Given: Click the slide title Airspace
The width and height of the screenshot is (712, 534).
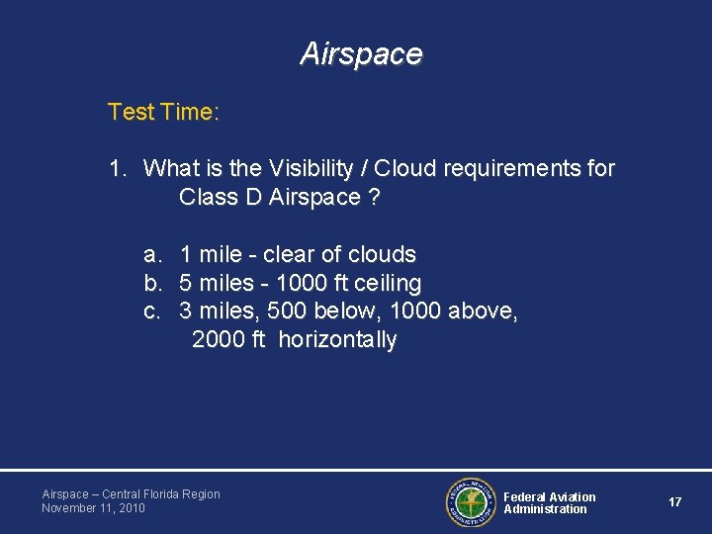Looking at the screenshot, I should (361, 53).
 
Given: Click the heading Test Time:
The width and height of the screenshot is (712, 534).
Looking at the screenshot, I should (163, 113).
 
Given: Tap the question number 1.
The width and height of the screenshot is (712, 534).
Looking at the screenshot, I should (117, 169).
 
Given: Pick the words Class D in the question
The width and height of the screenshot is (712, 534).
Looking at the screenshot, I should (221, 197).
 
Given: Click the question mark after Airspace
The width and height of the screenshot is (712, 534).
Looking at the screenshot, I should (373, 197).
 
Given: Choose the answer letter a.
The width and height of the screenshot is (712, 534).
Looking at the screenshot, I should (151, 255).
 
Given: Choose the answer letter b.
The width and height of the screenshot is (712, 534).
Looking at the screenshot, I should (151, 284).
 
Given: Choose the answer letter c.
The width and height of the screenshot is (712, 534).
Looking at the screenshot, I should (151, 311).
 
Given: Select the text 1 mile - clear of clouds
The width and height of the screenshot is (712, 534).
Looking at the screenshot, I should (297, 255).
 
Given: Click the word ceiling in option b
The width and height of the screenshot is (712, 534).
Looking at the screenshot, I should (387, 284).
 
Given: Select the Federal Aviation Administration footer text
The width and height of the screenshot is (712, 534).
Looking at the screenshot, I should (550, 502).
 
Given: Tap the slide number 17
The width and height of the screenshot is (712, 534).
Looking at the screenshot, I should (674, 502).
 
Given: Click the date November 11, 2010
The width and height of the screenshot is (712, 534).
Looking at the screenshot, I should (93, 508).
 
